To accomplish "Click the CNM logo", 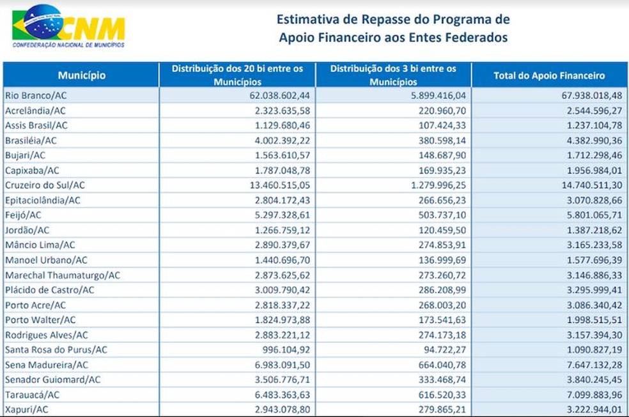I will coord(68,27).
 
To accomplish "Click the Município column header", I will coord(82,75).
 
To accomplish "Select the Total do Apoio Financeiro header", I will coord(549,75).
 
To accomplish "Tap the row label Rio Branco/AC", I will coord(36,95).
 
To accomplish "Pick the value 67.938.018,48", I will coord(587,95).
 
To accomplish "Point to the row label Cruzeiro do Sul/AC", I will coord(45,185).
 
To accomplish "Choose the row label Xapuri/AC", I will coord(27,409).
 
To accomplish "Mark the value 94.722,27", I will coord(439,349).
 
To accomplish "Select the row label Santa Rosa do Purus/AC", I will coord(56,349).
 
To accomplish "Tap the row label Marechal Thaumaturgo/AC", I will coord(63,275).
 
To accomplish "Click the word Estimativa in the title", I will coord(304,19).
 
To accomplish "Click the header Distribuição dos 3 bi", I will coord(393,75).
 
